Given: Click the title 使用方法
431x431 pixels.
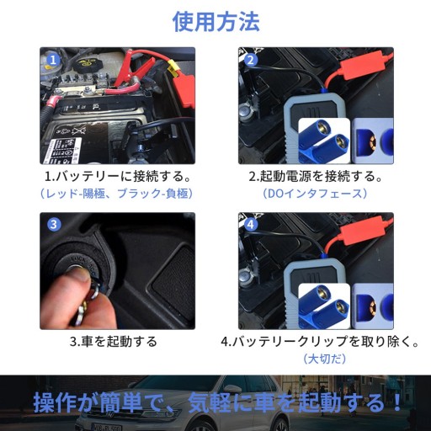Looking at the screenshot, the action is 215,22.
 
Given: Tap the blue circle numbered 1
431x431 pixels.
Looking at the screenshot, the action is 53,60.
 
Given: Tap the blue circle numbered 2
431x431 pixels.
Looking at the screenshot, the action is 251,60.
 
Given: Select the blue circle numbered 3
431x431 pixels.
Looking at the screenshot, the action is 53,225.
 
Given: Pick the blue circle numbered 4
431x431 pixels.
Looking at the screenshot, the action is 251,225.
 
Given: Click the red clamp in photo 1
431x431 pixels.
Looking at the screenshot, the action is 135,67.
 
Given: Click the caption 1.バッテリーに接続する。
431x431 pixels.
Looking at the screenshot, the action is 118,176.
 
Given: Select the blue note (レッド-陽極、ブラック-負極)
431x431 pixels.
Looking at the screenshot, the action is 117,194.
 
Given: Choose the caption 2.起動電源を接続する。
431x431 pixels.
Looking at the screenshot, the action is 316,176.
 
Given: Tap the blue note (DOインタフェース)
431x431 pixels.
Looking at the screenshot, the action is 315,194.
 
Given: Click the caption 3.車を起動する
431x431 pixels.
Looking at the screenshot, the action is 114,342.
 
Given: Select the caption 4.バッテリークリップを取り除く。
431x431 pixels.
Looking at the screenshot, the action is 320,342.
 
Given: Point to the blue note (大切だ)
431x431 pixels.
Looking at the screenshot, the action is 325,359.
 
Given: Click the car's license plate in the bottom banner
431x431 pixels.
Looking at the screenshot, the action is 107,428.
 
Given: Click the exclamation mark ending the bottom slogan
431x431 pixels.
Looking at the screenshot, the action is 396,402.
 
